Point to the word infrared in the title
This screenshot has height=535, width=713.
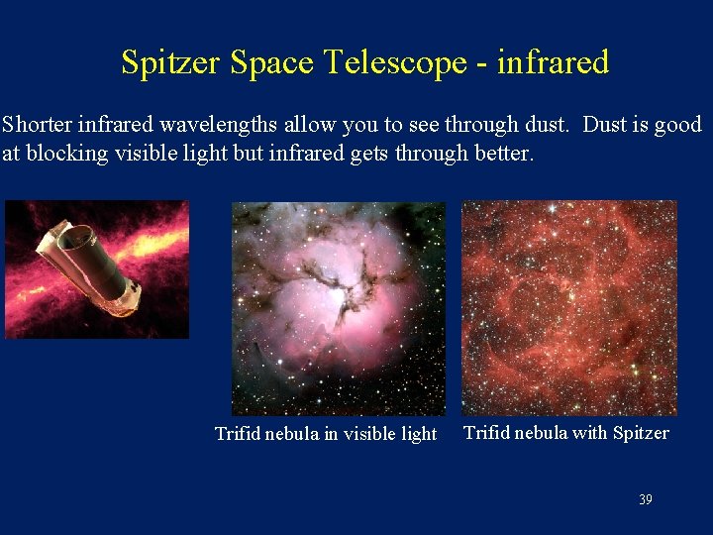553,63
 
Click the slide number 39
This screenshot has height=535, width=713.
645,499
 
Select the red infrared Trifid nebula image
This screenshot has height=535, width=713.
569,307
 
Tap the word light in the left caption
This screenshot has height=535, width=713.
417,434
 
